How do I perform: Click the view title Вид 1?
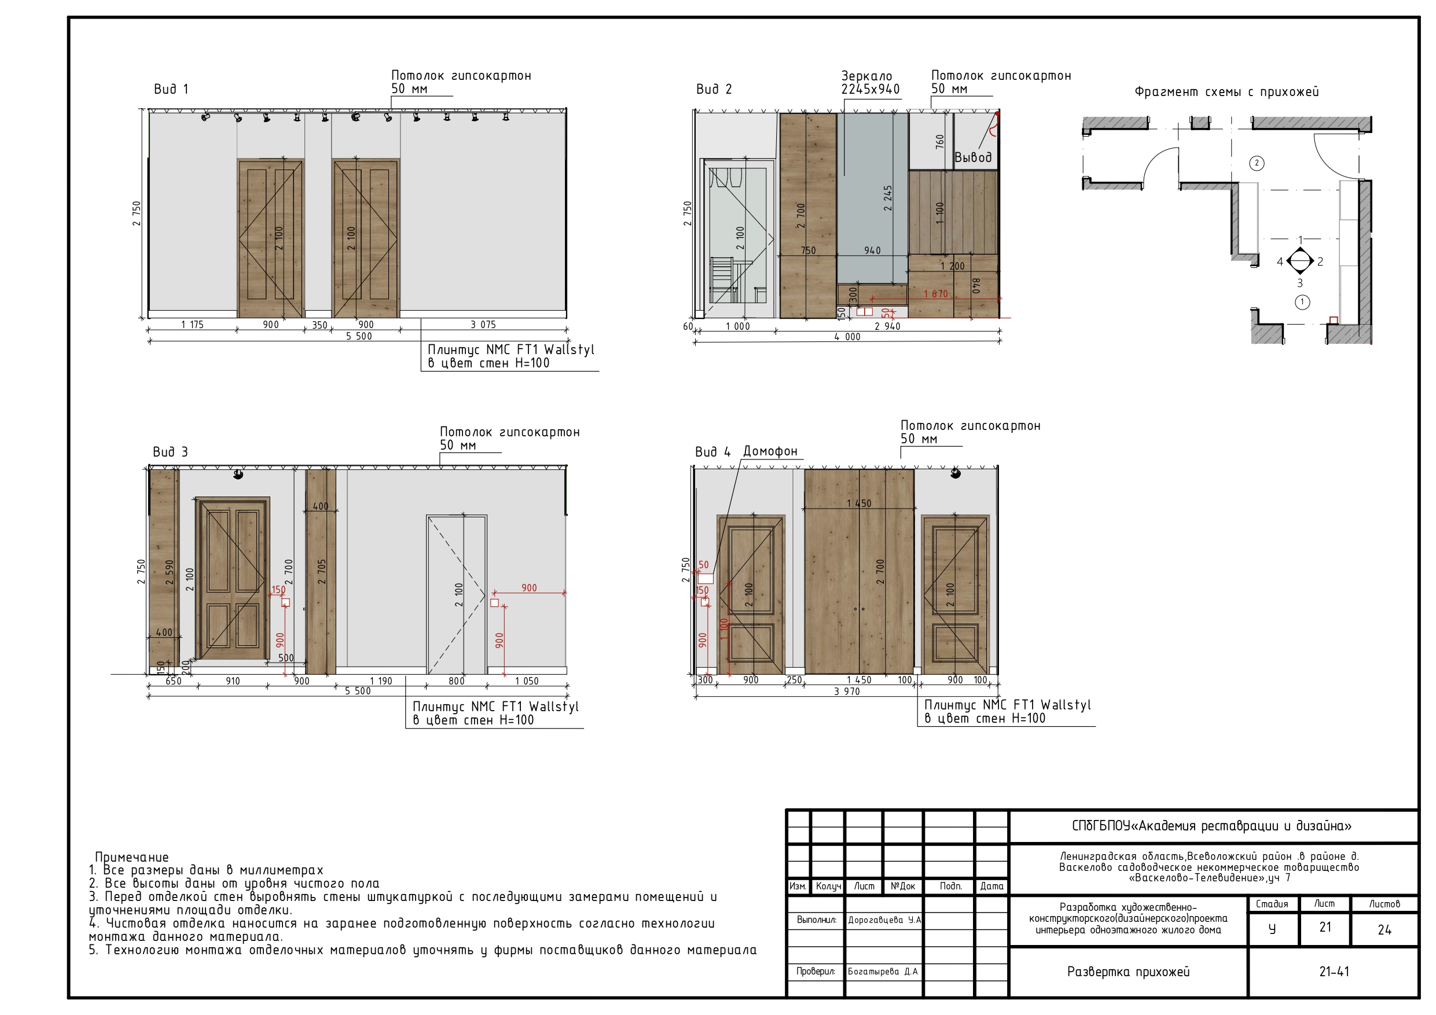(171, 90)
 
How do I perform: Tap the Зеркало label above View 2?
(866, 76)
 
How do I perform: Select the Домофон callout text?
(770, 451)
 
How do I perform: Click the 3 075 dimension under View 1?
(483, 325)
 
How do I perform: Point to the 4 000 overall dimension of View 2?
(847, 336)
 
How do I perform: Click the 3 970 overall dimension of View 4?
(847, 691)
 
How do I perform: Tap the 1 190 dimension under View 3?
(381, 681)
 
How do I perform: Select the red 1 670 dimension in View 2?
(936, 294)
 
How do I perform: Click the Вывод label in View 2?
(972, 157)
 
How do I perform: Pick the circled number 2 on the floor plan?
(1257, 163)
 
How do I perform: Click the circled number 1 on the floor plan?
(1302, 302)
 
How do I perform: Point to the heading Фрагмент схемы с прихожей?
(1226, 92)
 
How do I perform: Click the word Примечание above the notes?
(132, 857)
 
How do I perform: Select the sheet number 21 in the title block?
(1325, 928)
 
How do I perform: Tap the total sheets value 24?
(1384, 930)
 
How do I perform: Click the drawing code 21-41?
(1334, 972)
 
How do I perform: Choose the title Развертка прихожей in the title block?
(1128, 972)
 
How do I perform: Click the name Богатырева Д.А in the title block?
(883, 971)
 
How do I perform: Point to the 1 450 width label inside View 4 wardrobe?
(859, 503)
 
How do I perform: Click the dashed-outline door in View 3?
(457, 595)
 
